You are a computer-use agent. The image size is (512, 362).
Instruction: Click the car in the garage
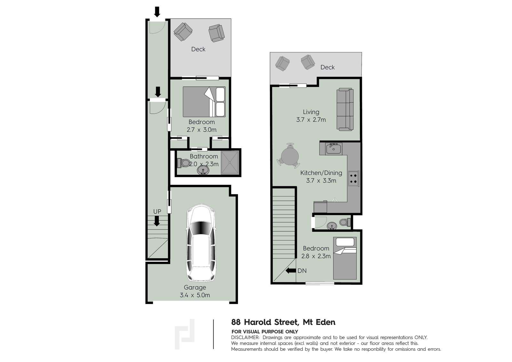pyautogui.click(x=201, y=243)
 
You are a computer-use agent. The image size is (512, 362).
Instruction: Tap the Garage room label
pyautogui.click(x=195, y=287)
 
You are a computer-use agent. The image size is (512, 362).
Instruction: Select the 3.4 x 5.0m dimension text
pyautogui.click(x=195, y=295)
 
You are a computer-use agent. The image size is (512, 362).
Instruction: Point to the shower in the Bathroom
pyautogui.click(x=230, y=163)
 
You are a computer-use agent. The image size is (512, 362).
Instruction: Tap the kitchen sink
pyautogui.click(x=334, y=149)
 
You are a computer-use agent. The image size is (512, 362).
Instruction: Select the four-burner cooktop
pyautogui.click(x=353, y=179)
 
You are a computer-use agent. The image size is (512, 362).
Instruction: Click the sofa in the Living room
pyautogui.click(x=345, y=109)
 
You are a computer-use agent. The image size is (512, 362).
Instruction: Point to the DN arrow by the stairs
pyautogui.click(x=291, y=270)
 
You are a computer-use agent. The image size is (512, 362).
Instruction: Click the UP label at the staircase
pyautogui.click(x=157, y=212)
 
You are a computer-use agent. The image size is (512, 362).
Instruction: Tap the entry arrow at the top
pyautogui.click(x=157, y=12)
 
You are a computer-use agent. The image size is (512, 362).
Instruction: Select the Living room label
pyautogui.click(x=311, y=112)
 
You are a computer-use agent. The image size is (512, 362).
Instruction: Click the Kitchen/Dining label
pyautogui.click(x=321, y=173)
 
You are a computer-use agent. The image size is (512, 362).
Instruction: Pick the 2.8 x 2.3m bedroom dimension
pyautogui.click(x=316, y=256)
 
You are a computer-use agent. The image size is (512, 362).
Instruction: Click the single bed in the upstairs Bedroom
pyautogui.click(x=345, y=258)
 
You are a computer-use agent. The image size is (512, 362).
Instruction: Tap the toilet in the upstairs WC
pyautogui.click(x=345, y=222)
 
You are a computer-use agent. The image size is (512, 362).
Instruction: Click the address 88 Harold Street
pyautogui.click(x=265, y=322)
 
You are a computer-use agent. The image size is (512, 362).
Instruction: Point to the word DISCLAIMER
pyautogui.click(x=245, y=337)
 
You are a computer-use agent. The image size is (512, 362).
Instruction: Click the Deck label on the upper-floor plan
pyautogui.click(x=327, y=67)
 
